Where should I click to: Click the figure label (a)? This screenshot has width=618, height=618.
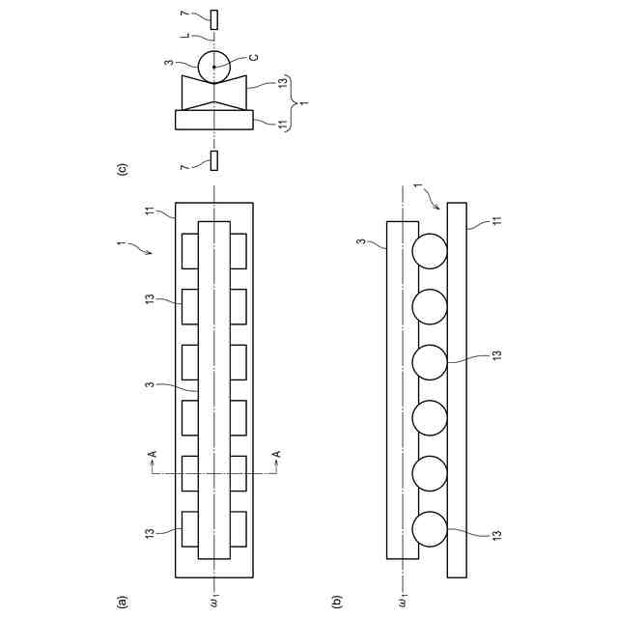point(123,601)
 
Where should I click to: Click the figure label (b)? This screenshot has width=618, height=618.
point(337,601)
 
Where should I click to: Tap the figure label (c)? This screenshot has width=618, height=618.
point(123,169)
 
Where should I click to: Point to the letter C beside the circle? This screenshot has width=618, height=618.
point(253,59)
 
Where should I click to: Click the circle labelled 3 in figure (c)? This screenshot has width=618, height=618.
point(214,67)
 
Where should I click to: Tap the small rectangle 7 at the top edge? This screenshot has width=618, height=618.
point(214,18)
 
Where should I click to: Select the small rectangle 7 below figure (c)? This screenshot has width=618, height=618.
point(214,161)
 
